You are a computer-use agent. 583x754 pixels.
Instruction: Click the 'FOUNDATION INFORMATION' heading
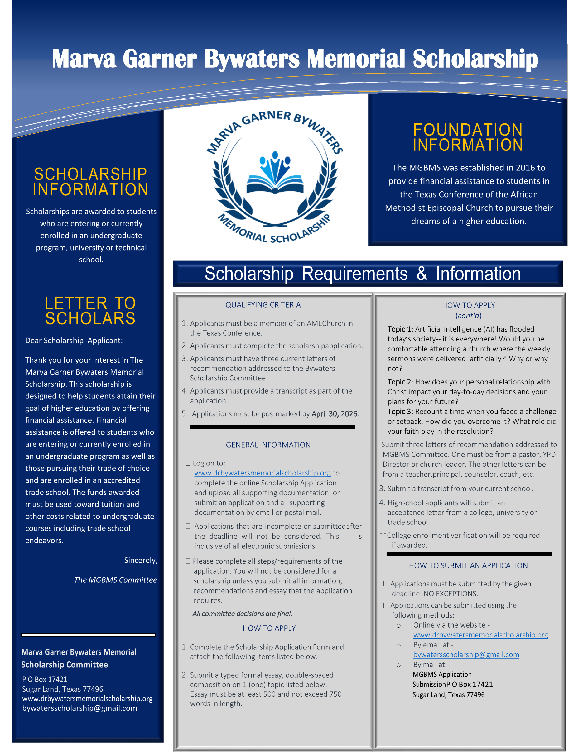[x=468, y=137]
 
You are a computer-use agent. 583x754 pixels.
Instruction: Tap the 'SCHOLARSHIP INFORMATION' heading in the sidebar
[x=90, y=182]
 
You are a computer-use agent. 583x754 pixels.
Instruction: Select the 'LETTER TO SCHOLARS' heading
[x=90, y=311]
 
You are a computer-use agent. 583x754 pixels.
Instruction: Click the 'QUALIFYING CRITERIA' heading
[x=263, y=305]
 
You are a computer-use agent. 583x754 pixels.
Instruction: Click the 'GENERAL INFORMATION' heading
[x=268, y=445]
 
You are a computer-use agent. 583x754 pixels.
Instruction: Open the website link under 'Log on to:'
[x=263, y=473]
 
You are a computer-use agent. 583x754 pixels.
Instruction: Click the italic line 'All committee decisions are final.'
[x=242, y=613]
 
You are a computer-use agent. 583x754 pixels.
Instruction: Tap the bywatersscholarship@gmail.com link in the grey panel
[x=466, y=655]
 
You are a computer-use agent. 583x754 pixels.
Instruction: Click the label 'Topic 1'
[x=399, y=329]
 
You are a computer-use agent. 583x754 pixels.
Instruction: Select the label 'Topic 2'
[x=399, y=382]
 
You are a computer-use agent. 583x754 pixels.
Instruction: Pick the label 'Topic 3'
[x=399, y=412]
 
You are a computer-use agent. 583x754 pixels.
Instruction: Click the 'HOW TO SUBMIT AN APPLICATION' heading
[x=468, y=565]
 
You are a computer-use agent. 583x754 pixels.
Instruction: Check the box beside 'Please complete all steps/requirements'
[x=188, y=561]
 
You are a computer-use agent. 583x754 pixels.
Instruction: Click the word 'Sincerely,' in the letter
[x=141, y=560]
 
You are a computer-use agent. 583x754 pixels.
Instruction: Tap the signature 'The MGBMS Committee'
[x=115, y=580]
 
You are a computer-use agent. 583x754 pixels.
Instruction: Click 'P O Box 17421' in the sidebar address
[x=45, y=680]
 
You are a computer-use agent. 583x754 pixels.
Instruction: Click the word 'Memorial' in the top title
[x=355, y=59]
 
